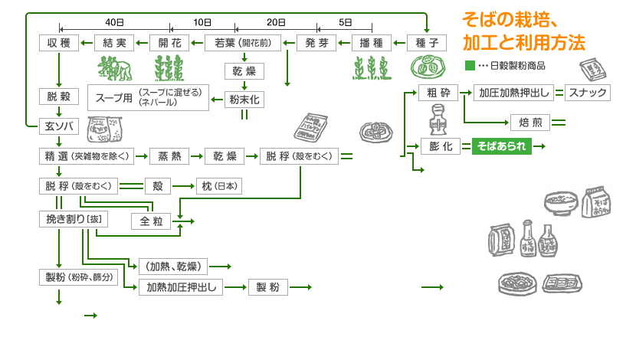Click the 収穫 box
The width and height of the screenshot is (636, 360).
(x=59, y=43)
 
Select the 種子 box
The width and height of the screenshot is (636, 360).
(x=427, y=43)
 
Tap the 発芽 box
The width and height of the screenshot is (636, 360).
(x=316, y=43)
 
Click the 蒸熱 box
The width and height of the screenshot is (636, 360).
(x=169, y=156)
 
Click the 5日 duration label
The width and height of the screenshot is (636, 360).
(x=345, y=22)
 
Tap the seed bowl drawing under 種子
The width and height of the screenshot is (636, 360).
(x=427, y=67)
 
